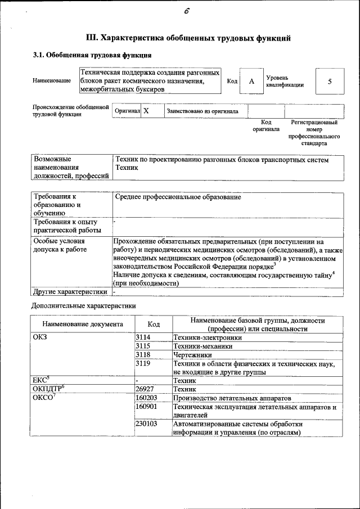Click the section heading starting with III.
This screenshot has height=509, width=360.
point(188,38)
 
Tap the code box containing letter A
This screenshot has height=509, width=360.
point(251,82)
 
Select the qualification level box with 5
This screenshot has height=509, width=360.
point(329,82)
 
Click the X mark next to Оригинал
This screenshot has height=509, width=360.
point(146,111)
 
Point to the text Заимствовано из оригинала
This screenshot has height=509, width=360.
point(202,111)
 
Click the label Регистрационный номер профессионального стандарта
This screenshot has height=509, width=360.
point(314,133)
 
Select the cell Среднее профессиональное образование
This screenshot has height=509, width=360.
point(178,197)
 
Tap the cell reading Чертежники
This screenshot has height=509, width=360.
point(192,355)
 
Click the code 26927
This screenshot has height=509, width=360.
point(145,389)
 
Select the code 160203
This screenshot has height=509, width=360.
point(146,397)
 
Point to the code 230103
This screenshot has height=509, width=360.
point(146,424)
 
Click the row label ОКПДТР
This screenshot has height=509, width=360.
point(49,389)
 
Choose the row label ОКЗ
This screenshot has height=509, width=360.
point(41,338)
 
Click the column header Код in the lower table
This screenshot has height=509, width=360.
point(153,325)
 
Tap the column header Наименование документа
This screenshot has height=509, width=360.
point(82,325)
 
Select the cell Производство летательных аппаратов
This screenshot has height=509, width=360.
point(224,397)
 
